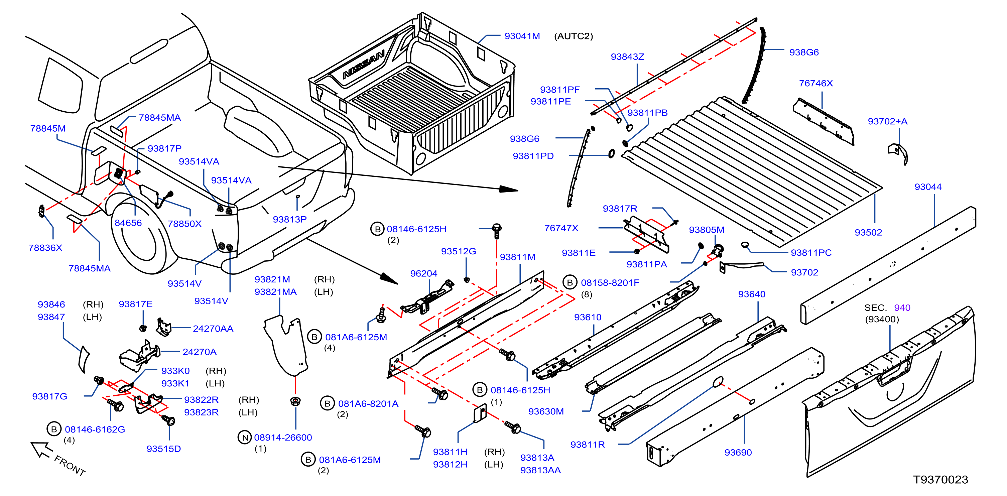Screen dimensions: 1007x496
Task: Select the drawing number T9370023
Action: click(940, 480)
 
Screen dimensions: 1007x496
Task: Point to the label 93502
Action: click(868, 233)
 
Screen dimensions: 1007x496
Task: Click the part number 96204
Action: click(423, 274)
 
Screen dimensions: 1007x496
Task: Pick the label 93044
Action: click(928, 187)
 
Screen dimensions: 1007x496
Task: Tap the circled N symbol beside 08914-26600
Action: click(245, 438)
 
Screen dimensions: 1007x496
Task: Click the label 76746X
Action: click(816, 83)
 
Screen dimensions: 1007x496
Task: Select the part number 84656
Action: click(128, 223)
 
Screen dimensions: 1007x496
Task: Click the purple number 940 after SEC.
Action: click(902, 307)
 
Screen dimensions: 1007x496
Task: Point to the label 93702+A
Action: click(887, 121)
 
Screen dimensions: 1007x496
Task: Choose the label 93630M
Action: click(546, 411)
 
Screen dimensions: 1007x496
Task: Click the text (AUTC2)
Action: click(574, 36)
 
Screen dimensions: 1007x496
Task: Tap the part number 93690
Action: click(738, 452)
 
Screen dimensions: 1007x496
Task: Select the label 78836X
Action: click(45, 248)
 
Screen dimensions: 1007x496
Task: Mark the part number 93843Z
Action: click(627, 57)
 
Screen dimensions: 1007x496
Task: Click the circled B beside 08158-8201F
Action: click(570, 282)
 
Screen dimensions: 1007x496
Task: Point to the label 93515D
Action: click(163, 449)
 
